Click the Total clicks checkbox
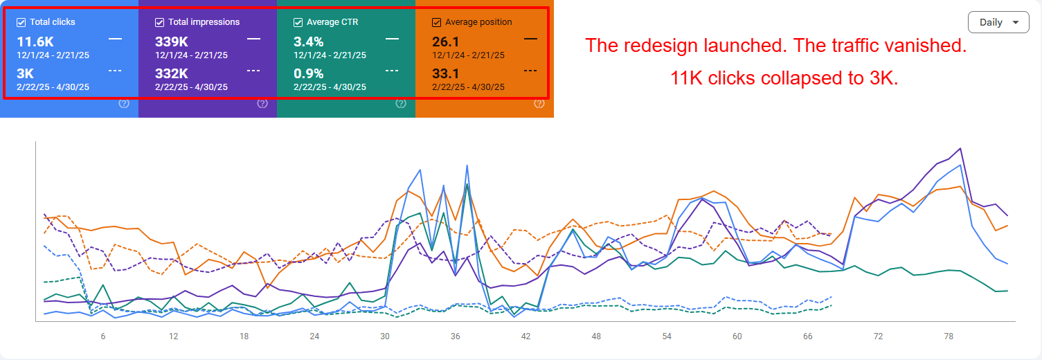21,22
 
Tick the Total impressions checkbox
160,22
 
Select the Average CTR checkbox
298,22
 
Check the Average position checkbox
436,22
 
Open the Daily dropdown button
998,22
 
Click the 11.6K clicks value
35,42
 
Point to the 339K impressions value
172,42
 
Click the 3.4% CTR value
309,42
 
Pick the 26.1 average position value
447,42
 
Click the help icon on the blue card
124,104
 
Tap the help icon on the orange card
539,104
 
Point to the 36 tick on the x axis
455,336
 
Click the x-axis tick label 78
949,336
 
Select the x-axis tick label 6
103,336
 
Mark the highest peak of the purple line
960,148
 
